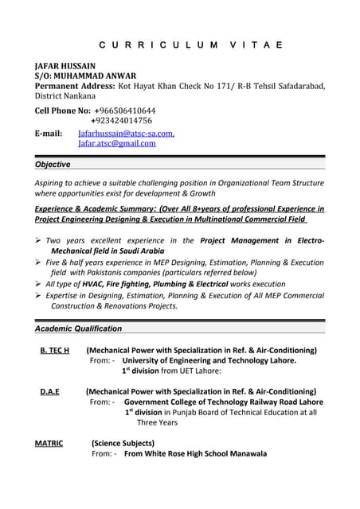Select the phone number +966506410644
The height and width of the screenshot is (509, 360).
coord(125,110)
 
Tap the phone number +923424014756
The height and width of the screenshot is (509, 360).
coord(122,120)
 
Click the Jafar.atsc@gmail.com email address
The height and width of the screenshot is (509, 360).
coord(116,144)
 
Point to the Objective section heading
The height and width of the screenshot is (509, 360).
coord(53,165)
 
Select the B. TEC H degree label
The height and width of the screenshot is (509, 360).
coord(55,350)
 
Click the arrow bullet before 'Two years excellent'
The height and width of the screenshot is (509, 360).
coord(38,240)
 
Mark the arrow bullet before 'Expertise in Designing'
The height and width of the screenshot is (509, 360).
coord(38,295)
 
